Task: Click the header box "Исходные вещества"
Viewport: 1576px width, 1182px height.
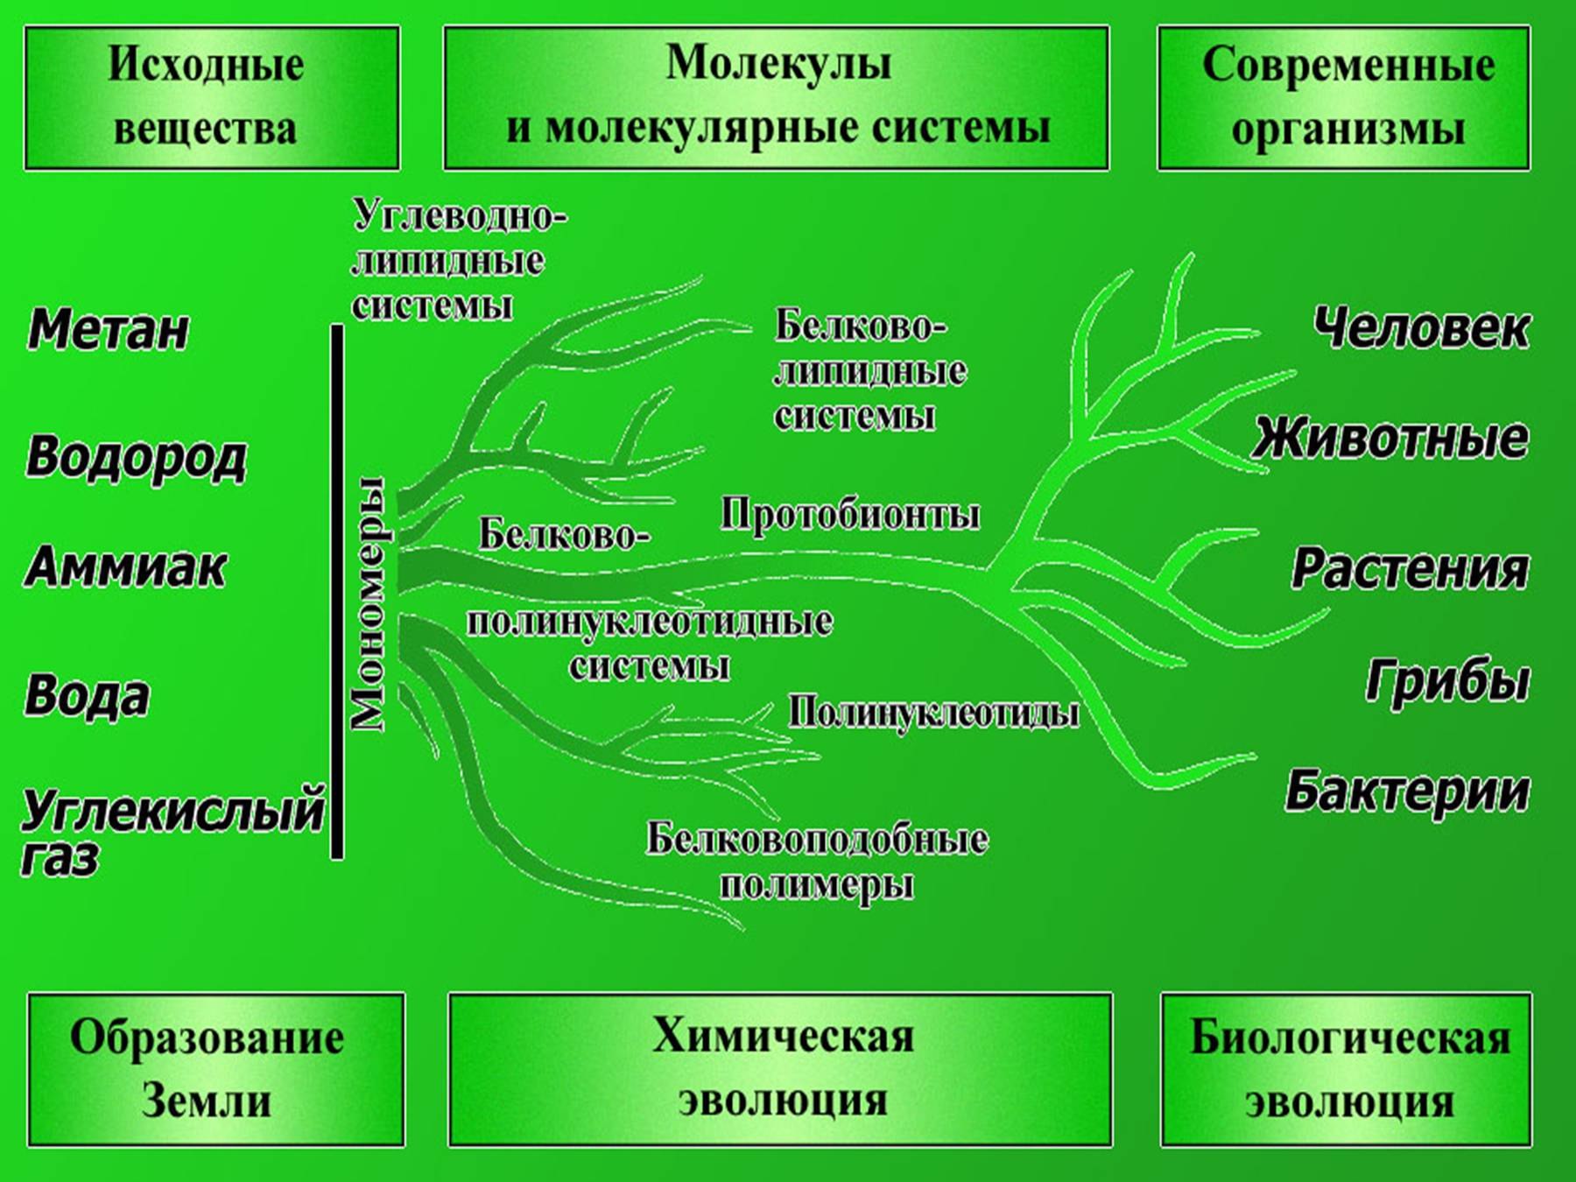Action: [211, 97]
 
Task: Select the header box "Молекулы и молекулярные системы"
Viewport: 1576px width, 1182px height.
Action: [776, 97]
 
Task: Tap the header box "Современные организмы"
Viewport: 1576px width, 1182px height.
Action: [1344, 97]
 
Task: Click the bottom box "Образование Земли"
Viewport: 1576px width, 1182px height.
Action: [215, 1069]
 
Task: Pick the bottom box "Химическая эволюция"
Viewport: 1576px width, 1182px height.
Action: [780, 1069]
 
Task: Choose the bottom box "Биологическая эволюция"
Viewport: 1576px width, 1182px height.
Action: [1347, 1069]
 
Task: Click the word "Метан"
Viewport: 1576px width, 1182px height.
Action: [109, 330]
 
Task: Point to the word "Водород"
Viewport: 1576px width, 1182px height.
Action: [137, 458]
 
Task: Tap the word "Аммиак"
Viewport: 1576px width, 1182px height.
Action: [126, 567]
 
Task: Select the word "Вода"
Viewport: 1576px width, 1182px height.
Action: [88, 696]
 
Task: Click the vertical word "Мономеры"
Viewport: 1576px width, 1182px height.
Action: [368, 604]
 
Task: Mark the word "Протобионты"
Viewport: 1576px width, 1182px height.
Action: [850, 515]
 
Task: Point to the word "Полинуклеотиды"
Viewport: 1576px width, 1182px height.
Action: [933, 713]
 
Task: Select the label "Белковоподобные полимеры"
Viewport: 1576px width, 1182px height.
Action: [817, 862]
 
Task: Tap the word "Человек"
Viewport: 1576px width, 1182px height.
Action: [1422, 328]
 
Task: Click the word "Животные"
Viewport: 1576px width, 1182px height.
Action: [1390, 438]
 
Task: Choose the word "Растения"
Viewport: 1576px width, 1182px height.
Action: [1411, 568]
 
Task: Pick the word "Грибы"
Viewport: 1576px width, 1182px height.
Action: [1448, 680]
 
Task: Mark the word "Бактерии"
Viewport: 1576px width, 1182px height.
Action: [1407, 791]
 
